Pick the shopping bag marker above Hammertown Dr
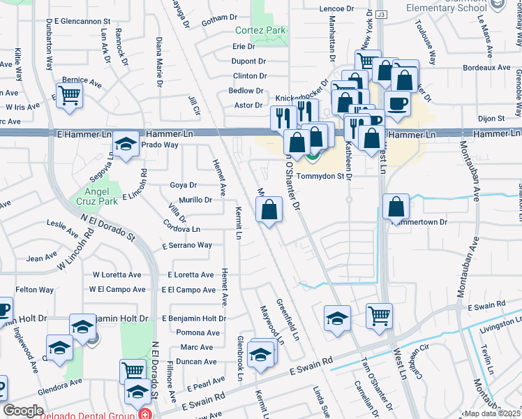coord(396,207)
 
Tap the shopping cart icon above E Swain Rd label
coord(379,316)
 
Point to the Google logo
coord(23,411)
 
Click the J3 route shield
coord(380,14)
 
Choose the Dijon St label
coord(491,119)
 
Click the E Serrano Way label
coord(187,245)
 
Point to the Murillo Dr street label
coord(195,200)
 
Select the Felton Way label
coord(35,289)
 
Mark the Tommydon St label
coord(321,176)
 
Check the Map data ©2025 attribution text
coord(492,413)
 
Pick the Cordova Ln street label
coord(181,229)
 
